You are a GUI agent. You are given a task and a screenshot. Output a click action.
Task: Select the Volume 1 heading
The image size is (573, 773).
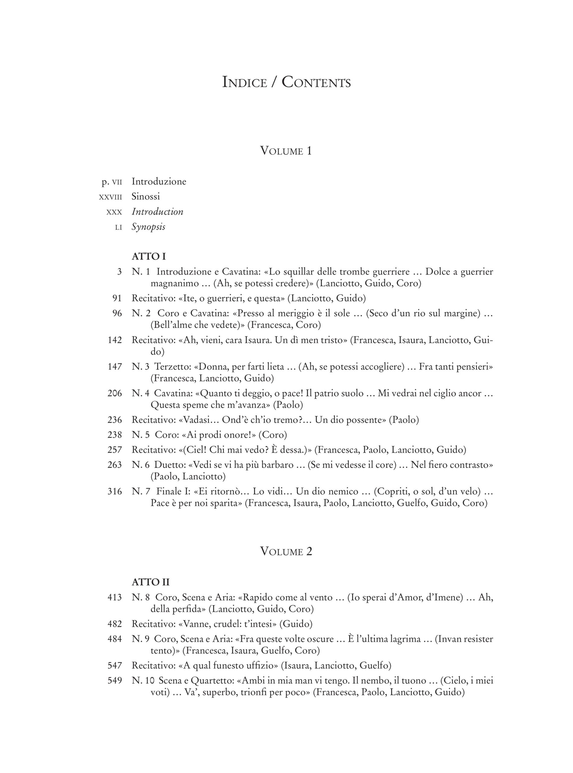[x=286, y=151]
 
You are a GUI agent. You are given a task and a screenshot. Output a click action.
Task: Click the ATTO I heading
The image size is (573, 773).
[x=149, y=257]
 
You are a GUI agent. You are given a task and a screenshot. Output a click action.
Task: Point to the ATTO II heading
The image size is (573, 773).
[x=151, y=582]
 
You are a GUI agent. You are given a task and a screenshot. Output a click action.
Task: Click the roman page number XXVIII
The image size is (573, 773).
[x=110, y=197]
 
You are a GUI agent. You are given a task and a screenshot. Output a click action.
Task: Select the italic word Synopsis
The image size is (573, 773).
[x=148, y=227]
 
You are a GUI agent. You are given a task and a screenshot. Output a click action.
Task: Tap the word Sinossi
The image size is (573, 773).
[x=146, y=197]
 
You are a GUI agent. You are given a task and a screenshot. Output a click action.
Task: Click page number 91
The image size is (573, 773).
[x=117, y=298]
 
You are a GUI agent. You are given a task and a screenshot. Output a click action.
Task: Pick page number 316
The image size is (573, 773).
[x=115, y=492]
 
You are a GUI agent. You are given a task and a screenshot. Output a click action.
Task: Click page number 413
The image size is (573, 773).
[x=115, y=597]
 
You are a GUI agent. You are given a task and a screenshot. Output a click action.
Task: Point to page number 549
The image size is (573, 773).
[x=115, y=681]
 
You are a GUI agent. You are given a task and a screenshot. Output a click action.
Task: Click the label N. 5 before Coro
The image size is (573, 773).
[x=141, y=435]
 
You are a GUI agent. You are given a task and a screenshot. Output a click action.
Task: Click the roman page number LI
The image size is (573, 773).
[x=119, y=227]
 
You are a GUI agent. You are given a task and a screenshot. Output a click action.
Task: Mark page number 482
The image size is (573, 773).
[x=115, y=624]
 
